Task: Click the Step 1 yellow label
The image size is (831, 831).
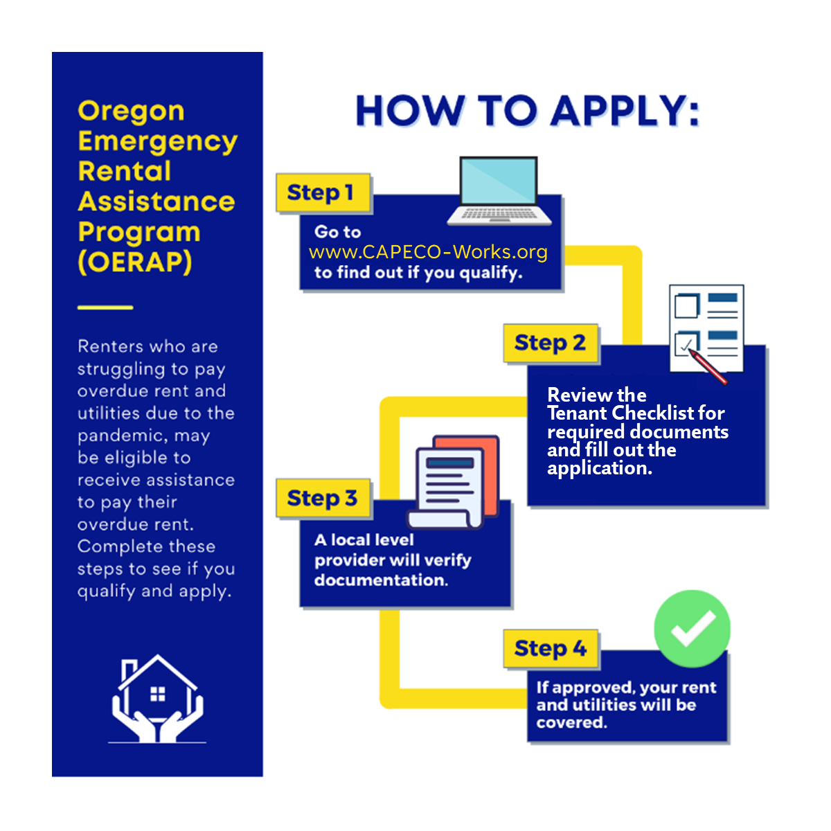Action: (323, 193)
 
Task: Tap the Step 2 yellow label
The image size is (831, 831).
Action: (551, 343)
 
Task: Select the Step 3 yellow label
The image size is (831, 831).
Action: (323, 498)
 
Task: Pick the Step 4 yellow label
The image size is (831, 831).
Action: (551, 648)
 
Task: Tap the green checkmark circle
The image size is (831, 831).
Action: (692, 629)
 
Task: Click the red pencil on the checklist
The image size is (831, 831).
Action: (708, 366)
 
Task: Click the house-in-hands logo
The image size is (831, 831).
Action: (157, 699)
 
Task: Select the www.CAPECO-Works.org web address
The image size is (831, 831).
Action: (428, 252)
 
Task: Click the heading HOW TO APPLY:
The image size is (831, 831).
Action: (527, 111)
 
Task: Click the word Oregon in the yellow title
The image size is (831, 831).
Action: (131, 111)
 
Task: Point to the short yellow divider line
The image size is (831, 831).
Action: (105, 307)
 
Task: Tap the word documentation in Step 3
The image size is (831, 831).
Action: (381, 580)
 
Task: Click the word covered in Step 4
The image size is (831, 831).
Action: (571, 722)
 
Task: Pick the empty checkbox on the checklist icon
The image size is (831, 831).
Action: (686, 306)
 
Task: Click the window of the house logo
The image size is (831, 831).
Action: (157, 695)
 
